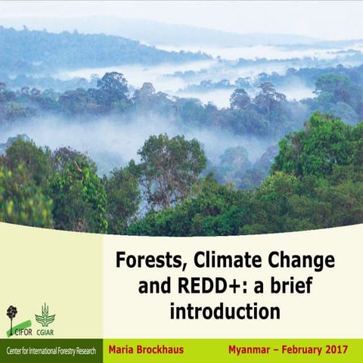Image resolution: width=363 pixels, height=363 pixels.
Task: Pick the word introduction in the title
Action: [225, 312]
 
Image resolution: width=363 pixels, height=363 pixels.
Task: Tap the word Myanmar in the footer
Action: [254, 350]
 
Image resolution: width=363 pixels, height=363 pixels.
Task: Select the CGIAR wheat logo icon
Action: [45, 314]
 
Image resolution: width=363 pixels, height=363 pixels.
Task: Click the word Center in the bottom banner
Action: [14, 352]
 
